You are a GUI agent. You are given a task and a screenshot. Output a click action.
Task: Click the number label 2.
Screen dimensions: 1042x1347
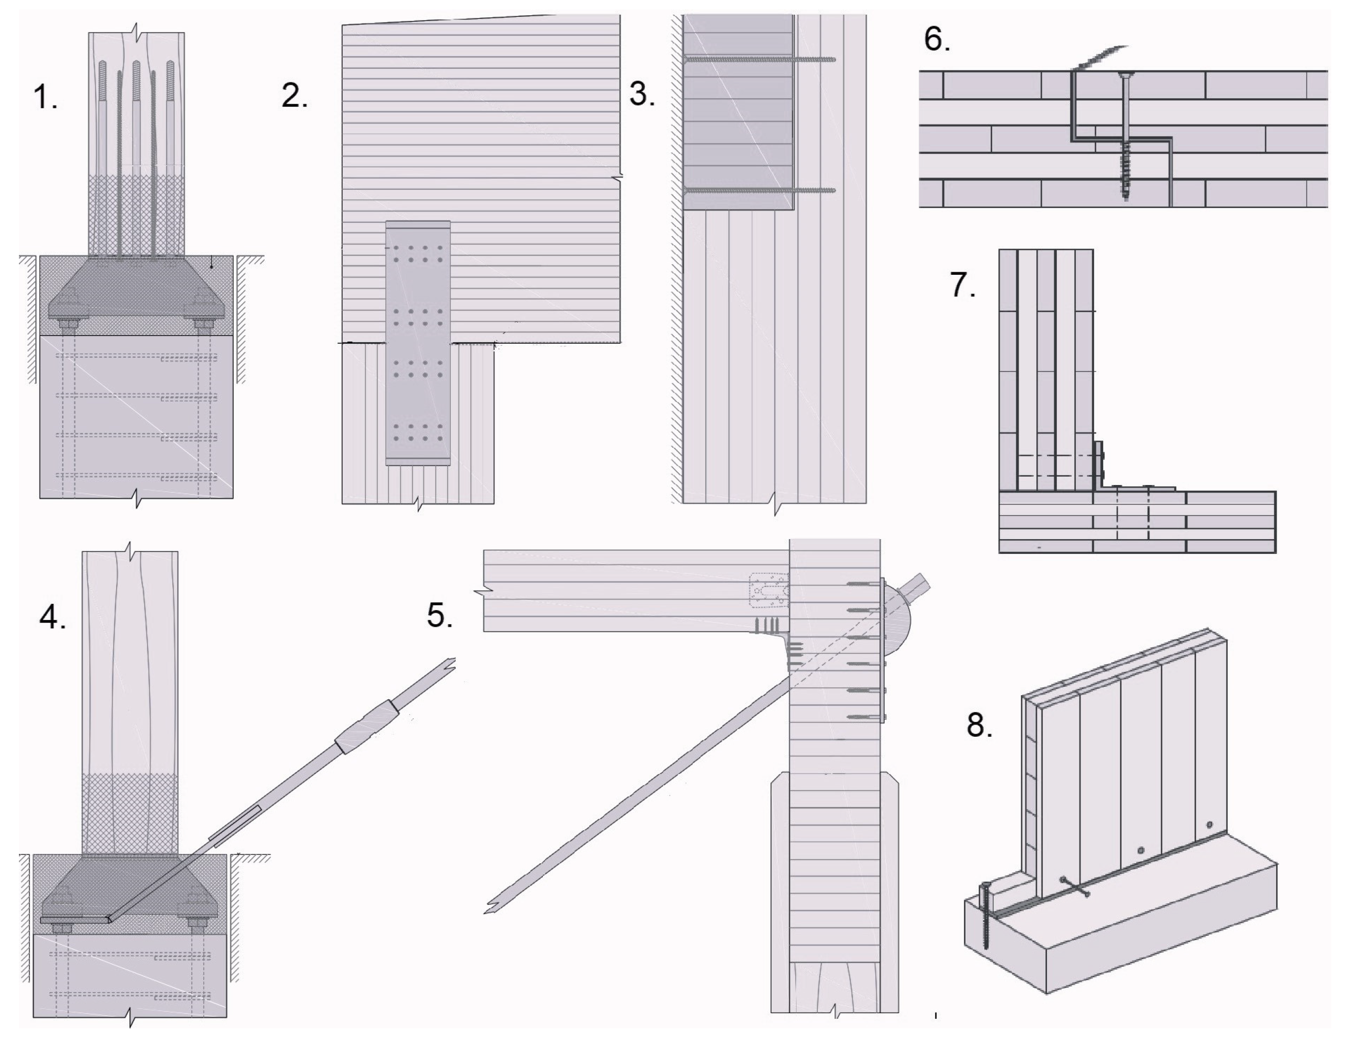point(294,96)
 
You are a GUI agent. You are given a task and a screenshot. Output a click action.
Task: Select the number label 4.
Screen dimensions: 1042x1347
point(53,616)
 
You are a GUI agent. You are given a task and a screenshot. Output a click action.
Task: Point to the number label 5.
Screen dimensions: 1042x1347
point(440,615)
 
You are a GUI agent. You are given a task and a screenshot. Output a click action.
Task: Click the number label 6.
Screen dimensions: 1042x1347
point(936,39)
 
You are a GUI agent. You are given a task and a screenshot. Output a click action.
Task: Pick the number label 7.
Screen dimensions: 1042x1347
point(963,285)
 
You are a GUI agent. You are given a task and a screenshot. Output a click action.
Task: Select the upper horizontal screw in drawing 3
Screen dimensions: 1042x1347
point(758,59)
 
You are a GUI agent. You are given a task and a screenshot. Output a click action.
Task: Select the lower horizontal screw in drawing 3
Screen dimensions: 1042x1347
point(758,190)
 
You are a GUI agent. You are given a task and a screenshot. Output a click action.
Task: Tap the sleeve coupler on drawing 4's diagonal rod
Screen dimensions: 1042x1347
point(367,728)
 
